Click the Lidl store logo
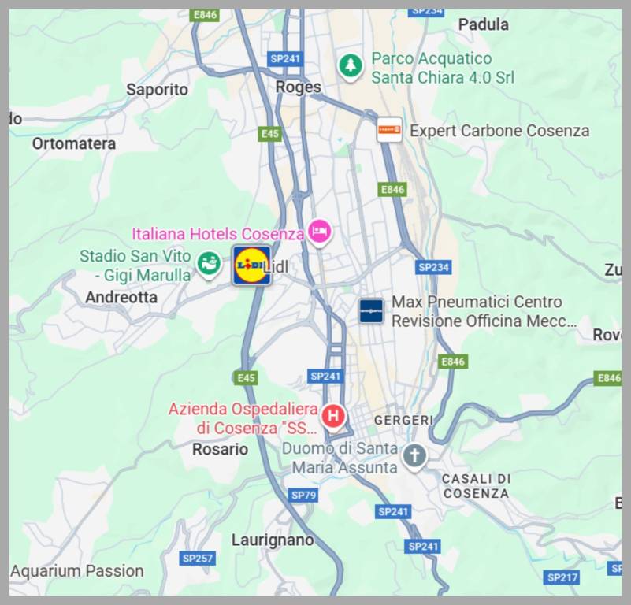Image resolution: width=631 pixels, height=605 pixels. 251,265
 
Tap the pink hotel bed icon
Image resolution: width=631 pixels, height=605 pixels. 319,232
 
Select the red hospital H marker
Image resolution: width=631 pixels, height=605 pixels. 334,414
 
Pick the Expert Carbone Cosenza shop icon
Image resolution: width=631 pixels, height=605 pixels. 389,130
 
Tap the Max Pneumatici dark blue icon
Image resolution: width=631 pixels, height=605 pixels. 371,311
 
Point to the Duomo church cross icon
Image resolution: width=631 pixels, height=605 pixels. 414,455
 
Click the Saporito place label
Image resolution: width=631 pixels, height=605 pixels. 158,90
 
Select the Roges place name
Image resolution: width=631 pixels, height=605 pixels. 299,87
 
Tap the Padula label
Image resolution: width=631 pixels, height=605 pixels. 483,24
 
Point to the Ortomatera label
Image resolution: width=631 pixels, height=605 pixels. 74,143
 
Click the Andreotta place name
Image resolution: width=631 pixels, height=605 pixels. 121,298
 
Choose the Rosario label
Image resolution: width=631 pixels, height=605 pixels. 220,449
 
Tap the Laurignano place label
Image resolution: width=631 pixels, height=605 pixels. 273,540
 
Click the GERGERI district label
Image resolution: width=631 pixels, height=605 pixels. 403,421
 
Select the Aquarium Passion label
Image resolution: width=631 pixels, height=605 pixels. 77,571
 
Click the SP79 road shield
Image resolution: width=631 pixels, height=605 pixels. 303,495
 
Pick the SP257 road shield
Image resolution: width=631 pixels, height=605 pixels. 198,559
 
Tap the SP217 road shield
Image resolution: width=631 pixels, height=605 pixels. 562,577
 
